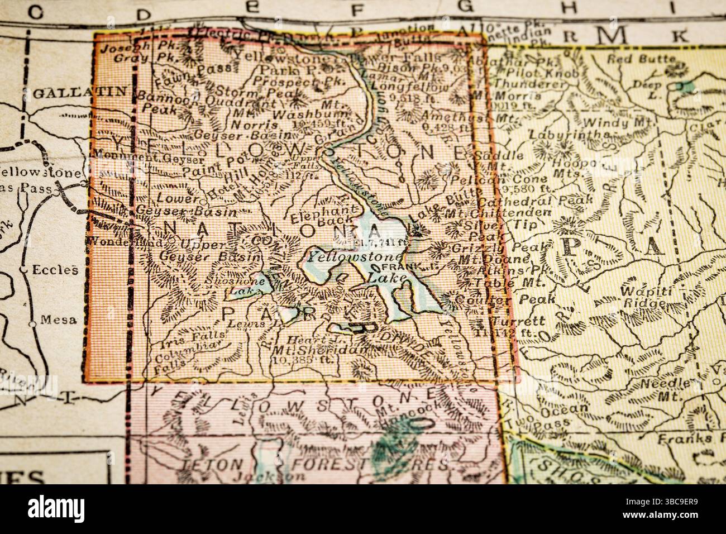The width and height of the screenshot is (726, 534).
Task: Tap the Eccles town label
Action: tap(61, 270)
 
